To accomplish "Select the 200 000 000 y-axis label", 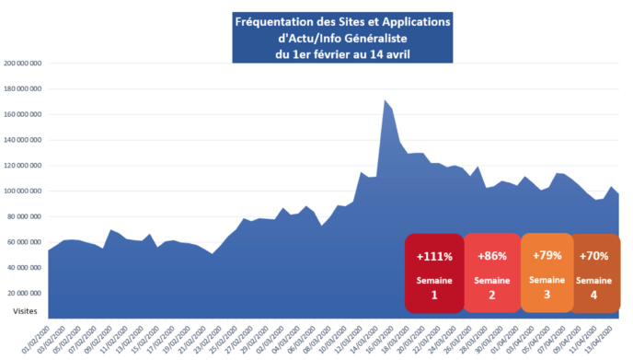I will pos(24,64).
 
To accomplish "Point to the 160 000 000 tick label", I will pos(24,114).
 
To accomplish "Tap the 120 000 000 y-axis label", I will pos(24,166).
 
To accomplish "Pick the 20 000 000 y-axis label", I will pos(26,293).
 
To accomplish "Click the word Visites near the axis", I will pos(26,312).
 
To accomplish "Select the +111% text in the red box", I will pos(434,257).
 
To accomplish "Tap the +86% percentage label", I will pos(491,257).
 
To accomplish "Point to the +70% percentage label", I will pos(593,257).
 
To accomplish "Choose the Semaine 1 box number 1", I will pos(434,296).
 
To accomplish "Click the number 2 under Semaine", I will pos(491,296).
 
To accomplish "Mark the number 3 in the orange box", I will pos(547,296).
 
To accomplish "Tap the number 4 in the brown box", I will pos(593,296).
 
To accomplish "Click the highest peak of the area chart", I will pos(385,100).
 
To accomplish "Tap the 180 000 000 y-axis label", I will pos(24,89).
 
